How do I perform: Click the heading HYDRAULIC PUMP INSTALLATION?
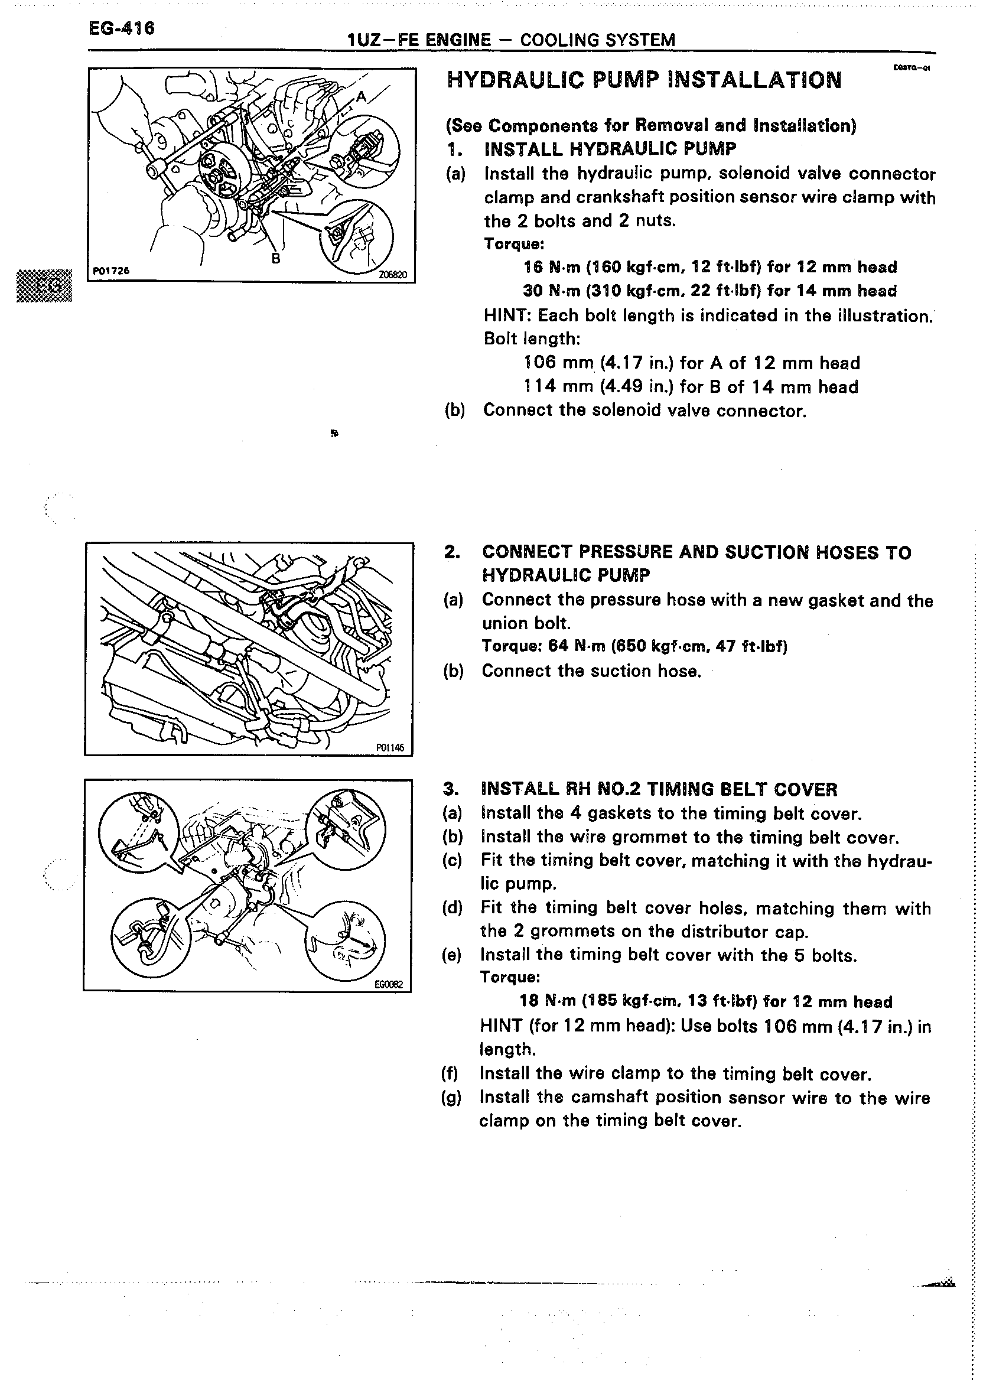(x=643, y=80)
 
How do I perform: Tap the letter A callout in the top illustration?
(x=362, y=96)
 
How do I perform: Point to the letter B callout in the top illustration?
(x=276, y=258)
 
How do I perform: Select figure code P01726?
(x=112, y=271)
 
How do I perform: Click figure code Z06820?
(x=393, y=275)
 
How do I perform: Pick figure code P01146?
(x=390, y=747)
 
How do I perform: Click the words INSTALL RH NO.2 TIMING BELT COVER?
(x=659, y=789)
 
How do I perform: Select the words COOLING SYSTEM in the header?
(x=597, y=40)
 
